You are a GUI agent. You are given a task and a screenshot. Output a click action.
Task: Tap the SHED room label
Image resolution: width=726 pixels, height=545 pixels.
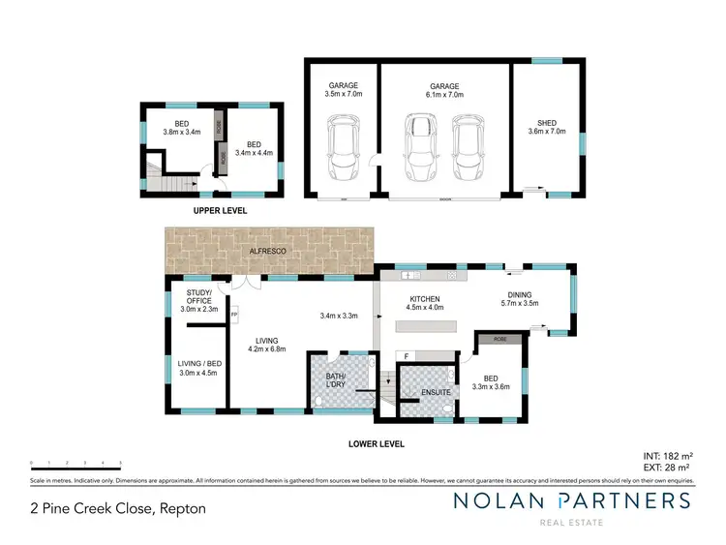pos(547,123)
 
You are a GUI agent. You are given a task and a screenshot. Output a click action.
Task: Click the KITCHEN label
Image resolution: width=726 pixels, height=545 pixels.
pos(425,299)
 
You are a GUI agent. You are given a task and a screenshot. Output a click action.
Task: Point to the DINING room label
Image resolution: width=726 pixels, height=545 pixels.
pos(518,296)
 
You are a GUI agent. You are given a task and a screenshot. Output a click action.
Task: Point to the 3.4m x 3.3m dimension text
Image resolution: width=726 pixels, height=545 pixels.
pos(339,316)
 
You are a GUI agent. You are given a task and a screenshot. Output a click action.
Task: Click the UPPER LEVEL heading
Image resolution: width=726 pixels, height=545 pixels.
pos(220,210)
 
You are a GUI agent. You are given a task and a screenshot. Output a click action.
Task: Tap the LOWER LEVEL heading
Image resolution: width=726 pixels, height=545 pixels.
pos(377,444)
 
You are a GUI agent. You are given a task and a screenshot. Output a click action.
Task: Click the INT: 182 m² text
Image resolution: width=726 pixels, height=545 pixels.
pos(668,455)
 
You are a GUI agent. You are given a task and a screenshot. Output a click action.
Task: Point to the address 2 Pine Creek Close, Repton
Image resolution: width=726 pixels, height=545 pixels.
pos(118,508)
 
